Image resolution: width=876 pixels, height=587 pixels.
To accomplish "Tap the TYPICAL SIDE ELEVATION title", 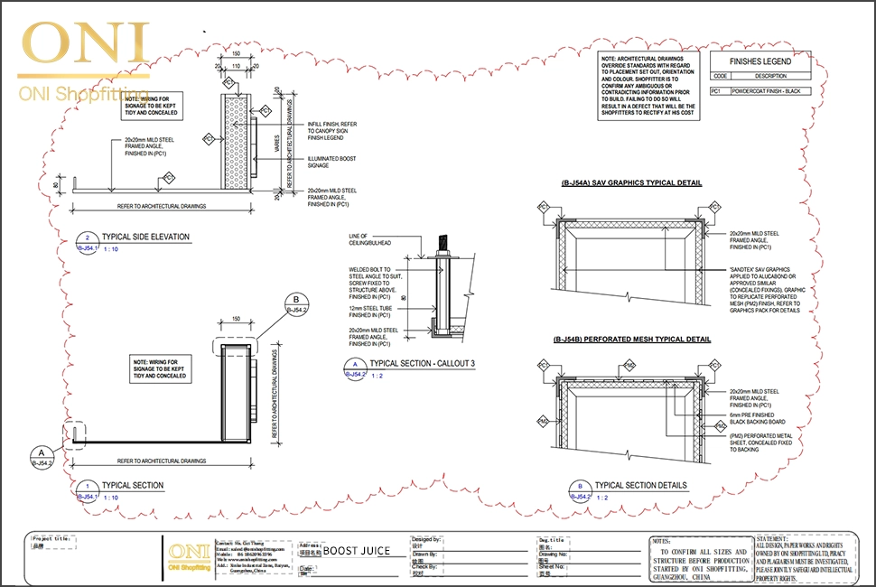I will coord(145,237).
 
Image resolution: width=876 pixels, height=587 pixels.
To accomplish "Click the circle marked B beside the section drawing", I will coord(296,301).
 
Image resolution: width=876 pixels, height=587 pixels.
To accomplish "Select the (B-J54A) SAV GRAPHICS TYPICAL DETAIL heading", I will coord(631,183).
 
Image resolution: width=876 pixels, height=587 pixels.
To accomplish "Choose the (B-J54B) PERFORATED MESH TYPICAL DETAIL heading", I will coord(631,340).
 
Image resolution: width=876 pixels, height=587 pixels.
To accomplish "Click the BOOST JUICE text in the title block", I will coord(357,549).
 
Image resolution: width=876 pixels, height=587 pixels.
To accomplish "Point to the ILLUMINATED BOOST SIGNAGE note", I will coord(331,163).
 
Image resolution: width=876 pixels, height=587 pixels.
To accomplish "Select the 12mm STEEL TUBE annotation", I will coord(369,312).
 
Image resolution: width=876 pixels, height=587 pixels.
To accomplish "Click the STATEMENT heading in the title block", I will coord(778,538).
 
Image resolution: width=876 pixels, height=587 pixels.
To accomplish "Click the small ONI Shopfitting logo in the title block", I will coord(188,554).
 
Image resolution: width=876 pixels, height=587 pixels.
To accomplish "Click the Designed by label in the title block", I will coord(426,538).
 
